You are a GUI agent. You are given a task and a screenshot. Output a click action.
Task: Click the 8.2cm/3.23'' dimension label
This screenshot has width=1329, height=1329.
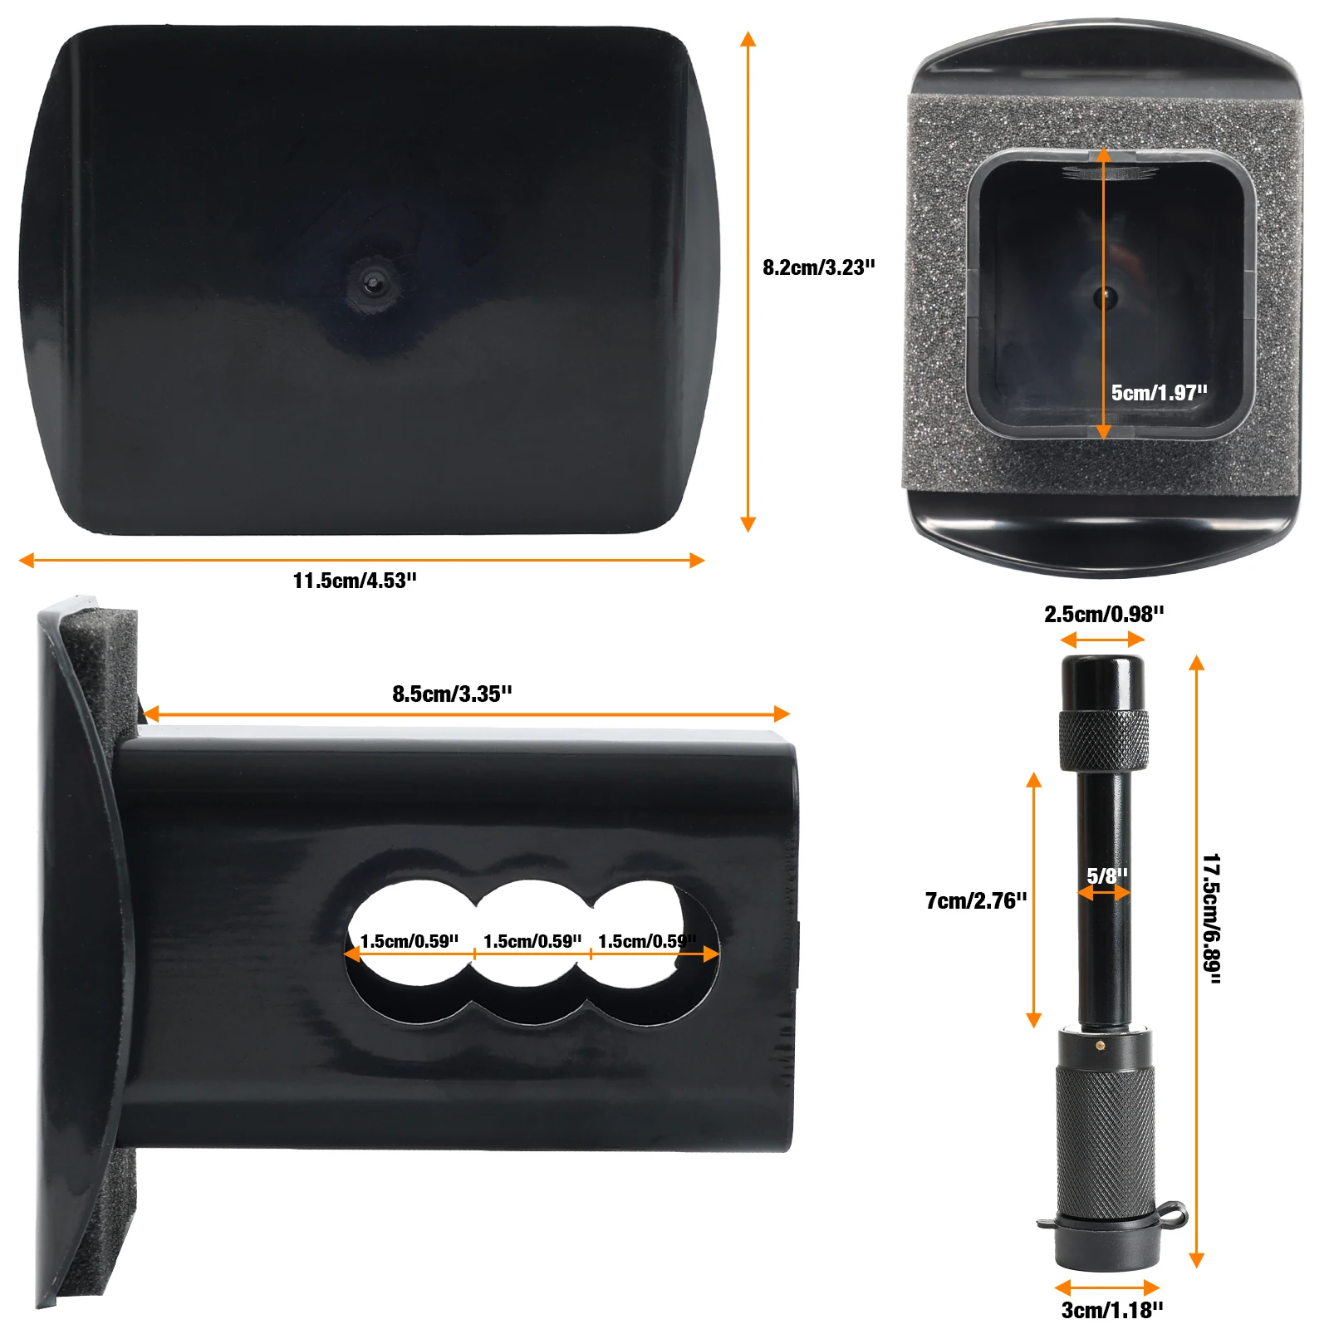tap(818, 267)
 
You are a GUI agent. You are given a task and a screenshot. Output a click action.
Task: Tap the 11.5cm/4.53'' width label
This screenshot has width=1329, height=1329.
tap(355, 581)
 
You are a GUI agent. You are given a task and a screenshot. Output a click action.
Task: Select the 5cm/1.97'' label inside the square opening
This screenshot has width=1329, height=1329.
tap(1159, 393)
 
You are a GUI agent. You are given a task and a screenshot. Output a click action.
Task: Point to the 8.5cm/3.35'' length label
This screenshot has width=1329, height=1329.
tap(452, 694)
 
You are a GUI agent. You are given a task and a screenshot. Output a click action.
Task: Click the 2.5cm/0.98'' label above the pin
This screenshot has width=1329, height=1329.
tap(1104, 615)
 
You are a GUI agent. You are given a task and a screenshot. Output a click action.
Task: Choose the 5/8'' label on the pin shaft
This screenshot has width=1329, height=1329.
tap(1107, 875)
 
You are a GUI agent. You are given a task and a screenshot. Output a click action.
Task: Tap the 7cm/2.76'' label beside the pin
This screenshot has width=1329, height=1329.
tap(976, 900)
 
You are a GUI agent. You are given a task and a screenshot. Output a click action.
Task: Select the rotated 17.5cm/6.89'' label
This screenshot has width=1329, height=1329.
tap(1212, 919)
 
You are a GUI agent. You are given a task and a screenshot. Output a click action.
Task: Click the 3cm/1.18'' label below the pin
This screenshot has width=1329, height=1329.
tap(1112, 1310)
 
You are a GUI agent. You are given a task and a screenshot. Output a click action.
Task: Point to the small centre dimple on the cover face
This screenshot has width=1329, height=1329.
tap(371, 283)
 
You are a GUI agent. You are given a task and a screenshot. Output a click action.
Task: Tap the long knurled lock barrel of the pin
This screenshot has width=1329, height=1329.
tap(1105, 1138)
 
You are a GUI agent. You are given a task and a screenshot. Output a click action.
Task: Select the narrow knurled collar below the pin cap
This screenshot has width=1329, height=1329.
tap(1104, 739)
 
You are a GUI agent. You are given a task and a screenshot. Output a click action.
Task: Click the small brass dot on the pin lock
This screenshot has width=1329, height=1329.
tap(1101, 1045)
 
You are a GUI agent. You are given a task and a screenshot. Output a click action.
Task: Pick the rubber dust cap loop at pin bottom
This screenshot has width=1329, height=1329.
tap(1171, 1214)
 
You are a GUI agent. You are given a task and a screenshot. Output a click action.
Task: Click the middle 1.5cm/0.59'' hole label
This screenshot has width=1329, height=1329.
tap(532, 941)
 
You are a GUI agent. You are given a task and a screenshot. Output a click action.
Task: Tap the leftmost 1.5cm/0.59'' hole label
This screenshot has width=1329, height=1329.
tap(409, 941)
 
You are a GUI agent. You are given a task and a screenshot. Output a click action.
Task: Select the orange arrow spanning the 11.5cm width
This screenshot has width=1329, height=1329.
tap(361, 560)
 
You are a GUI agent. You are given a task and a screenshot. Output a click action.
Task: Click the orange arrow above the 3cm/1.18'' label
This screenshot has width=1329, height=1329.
tap(1106, 1288)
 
